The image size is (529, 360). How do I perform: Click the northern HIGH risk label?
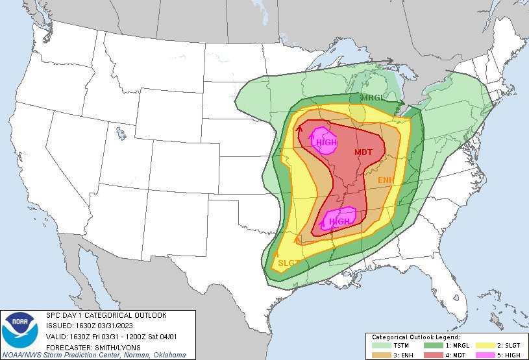pos(326,142)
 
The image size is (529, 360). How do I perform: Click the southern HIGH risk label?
pos(339,221)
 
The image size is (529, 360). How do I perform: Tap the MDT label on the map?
pos(363,152)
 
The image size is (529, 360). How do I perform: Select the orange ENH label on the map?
pos(386,178)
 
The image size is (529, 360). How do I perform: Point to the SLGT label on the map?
pos(288,263)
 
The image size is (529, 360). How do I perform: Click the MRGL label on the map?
pos(373,97)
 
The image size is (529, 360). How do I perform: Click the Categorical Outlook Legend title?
pos(415,337)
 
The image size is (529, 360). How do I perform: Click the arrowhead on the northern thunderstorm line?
pos(391,62)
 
